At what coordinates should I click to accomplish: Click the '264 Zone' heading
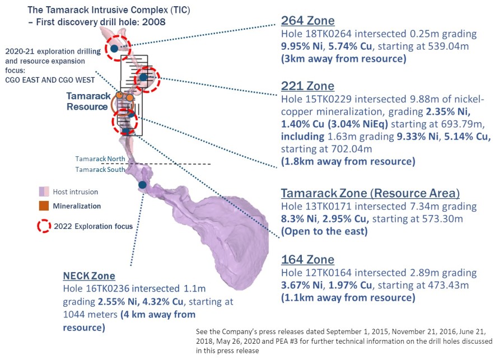pyautogui.click(x=307, y=21)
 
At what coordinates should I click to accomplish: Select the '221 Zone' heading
pyautogui.click(x=307, y=86)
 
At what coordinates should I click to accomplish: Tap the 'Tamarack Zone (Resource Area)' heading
pyautogui.click(x=370, y=193)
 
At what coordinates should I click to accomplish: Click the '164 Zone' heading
pyautogui.click(x=307, y=259)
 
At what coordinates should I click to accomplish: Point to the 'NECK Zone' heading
pyautogui.click(x=89, y=276)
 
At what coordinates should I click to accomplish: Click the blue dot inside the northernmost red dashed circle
pyautogui.click(x=114, y=49)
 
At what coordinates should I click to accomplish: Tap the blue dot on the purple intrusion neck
pyautogui.click(x=142, y=185)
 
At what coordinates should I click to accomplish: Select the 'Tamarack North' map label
pyautogui.click(x=100, y=159)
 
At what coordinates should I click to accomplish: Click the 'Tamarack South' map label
pyautogui.click(x=100, y=170)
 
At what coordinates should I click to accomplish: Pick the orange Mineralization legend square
pyautogui.click(x=44, y=206)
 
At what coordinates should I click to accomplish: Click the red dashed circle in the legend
pyautogui.click(x=44, y=226)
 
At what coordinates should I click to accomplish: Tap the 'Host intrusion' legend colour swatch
pyautogui.click(x=44, y=191)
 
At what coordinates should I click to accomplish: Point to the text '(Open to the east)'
pyautogui.click(x=324, y=231)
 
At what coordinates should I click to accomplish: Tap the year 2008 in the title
pyautogui.click(x=154, y=22)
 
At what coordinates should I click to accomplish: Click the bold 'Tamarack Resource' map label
pyautogui.click(x=88, y=101)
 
